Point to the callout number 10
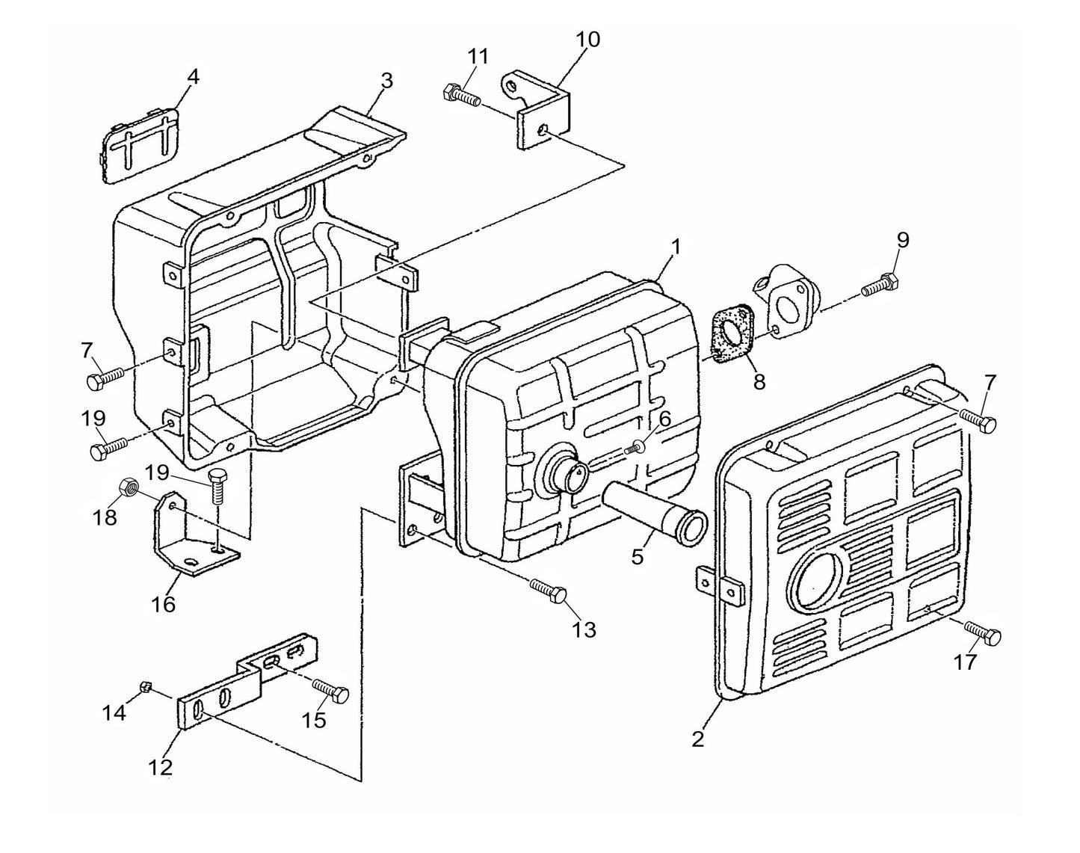pos(588,40)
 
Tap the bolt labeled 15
pos(330,689)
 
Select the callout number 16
pos(163,603)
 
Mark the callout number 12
pos(161,766)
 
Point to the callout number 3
pos(386,81)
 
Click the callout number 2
pos(697,739)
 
